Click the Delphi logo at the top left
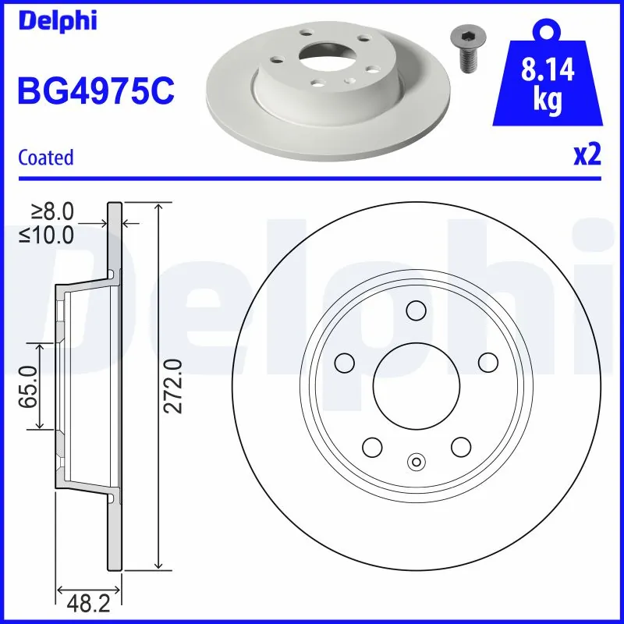pyautogui.click(x=57, y=20)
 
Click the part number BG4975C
pyautogui.click(x=95, y=90)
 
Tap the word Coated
pyautogui.click(x=46, y=158)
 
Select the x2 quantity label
pyautogui.click(x=587, y=155)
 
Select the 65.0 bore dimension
pyautogui.click(x=30, y=385)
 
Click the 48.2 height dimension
pyautogui.click(x=87, y=601)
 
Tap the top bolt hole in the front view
pyautogui.click(x=416, y=310)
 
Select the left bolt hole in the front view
pyautogui.click(x=344, y=363)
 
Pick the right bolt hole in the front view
pyautogui.click(x=487, y=363)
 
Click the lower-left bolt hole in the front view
pyautogui.click(x=371, y=447)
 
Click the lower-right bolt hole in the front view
pyautogui.click(x=460, y=447)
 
